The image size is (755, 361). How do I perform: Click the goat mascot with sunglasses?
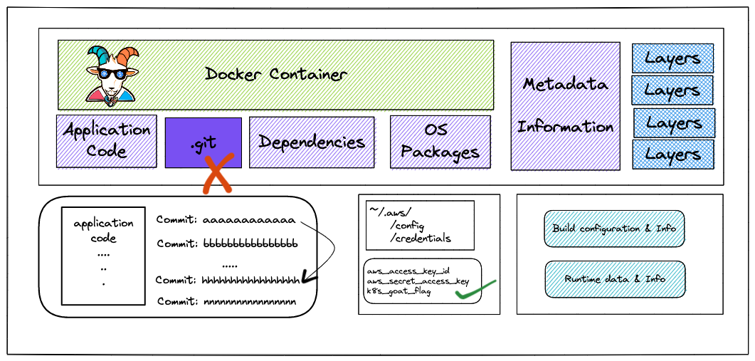(112, 74)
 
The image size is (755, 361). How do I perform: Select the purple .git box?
(204, 142)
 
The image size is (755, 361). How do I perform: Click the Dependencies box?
(312, 142)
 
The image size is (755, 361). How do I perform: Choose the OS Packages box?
(440, 141)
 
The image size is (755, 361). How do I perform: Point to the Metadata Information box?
(565, 105)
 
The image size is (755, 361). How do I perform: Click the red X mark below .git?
(216, 175)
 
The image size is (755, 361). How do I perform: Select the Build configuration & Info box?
(614, 229)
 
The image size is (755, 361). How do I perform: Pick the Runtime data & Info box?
(615, 278)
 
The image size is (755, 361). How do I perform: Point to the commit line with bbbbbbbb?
(227, 244)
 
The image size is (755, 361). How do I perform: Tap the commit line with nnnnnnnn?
(226, 302)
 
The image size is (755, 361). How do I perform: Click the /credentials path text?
(420, 239)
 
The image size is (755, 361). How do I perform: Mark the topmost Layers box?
(672, 58)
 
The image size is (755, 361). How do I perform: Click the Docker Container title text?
(276, 74)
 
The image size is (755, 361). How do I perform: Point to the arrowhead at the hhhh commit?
(308, 278)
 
